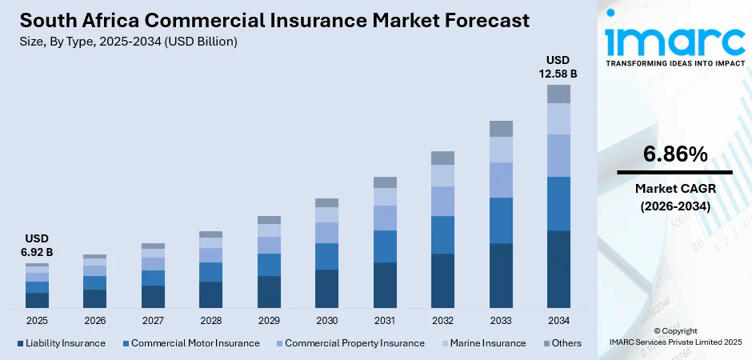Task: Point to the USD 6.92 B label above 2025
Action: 37,246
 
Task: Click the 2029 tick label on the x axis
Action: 269,321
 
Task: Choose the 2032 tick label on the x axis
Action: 442,321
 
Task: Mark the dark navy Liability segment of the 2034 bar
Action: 558,269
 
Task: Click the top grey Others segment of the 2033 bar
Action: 501,129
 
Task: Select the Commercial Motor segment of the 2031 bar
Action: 385,246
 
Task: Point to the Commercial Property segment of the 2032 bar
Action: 442,201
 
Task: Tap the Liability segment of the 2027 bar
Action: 153,297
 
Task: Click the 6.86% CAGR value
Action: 674,155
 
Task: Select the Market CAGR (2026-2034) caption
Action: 674,197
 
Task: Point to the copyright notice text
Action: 674,336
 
